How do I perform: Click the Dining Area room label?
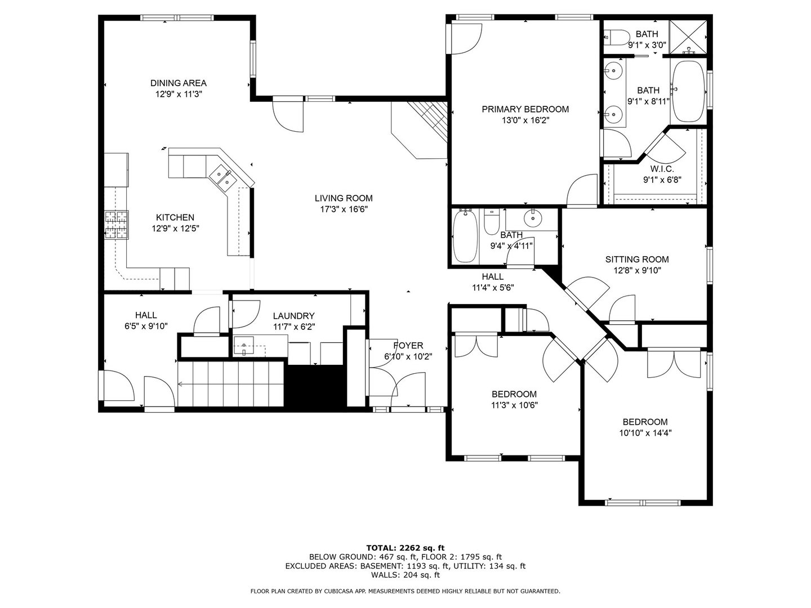[178, 83]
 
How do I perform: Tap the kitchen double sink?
[223, 178]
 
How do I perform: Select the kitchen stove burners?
[117, 225]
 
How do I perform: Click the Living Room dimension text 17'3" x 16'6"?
[344, 209]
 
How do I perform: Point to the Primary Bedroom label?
[525, 109]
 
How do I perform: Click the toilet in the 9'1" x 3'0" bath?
[617, 37]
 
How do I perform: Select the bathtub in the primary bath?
[688, 91]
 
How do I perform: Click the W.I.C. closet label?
[662, 169]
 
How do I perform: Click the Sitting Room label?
[637, 260]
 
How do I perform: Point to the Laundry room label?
[294, 316]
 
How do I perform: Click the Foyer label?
[408, 346]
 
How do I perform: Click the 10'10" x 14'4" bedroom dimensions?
[645, 433]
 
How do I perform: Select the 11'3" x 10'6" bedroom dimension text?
[514, 405]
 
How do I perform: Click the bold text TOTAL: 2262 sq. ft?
[405, 548]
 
